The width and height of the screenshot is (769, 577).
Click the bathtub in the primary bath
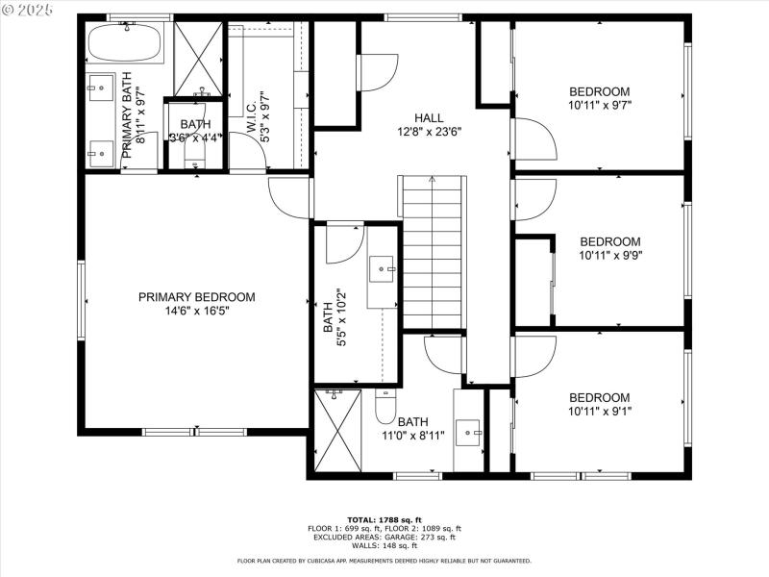(x=126, y=43)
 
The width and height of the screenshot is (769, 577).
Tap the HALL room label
(x=429, y=117)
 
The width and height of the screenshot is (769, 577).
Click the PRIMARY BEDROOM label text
(x=196, y=297)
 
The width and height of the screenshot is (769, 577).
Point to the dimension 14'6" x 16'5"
(x=196, y=311)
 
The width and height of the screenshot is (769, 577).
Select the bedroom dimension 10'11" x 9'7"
(x=599, y=105)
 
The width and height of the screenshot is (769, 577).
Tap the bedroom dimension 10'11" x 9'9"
(x=609, y=256)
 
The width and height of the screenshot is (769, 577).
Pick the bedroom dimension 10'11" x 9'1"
(x=599, y=412)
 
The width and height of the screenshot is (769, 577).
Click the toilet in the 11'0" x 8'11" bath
(x=384, y=408)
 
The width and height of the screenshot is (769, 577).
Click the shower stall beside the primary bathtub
(x=198, y=59)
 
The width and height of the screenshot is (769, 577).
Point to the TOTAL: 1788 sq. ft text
(x=384, y=519)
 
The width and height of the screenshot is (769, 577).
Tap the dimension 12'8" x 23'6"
(x=429, y=132)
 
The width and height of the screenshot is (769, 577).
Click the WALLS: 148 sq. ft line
(x=384, y=544)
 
